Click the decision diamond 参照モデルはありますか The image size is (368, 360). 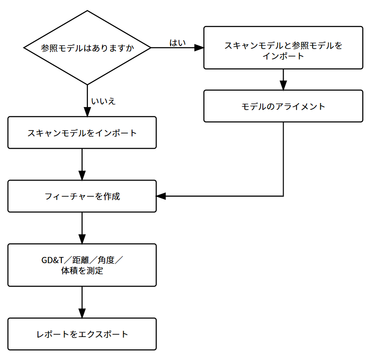[x=87, y=48]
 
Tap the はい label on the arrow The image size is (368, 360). [x=178, y=42]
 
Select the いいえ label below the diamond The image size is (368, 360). [x=103, y=101]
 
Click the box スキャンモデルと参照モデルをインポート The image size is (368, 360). [x=283, y=48]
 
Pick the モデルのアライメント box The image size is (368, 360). [x=283, y=106]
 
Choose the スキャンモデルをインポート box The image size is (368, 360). [x=82, y=133]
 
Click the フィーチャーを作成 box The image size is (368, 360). [x=82, y=196]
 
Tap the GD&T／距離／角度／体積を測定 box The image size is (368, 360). [x=82, y=265]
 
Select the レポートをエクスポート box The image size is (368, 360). [x=82, y=334]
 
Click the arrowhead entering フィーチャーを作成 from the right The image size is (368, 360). [x=161, y=196]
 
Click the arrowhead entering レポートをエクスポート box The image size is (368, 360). [x=82, y=314]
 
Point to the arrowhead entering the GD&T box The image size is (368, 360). [x=82, y=239]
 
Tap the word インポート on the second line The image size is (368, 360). [x=283, y=56]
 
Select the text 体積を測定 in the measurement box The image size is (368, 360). [x=82, y=271]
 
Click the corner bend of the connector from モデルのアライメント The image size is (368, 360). [x=283, y=196]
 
